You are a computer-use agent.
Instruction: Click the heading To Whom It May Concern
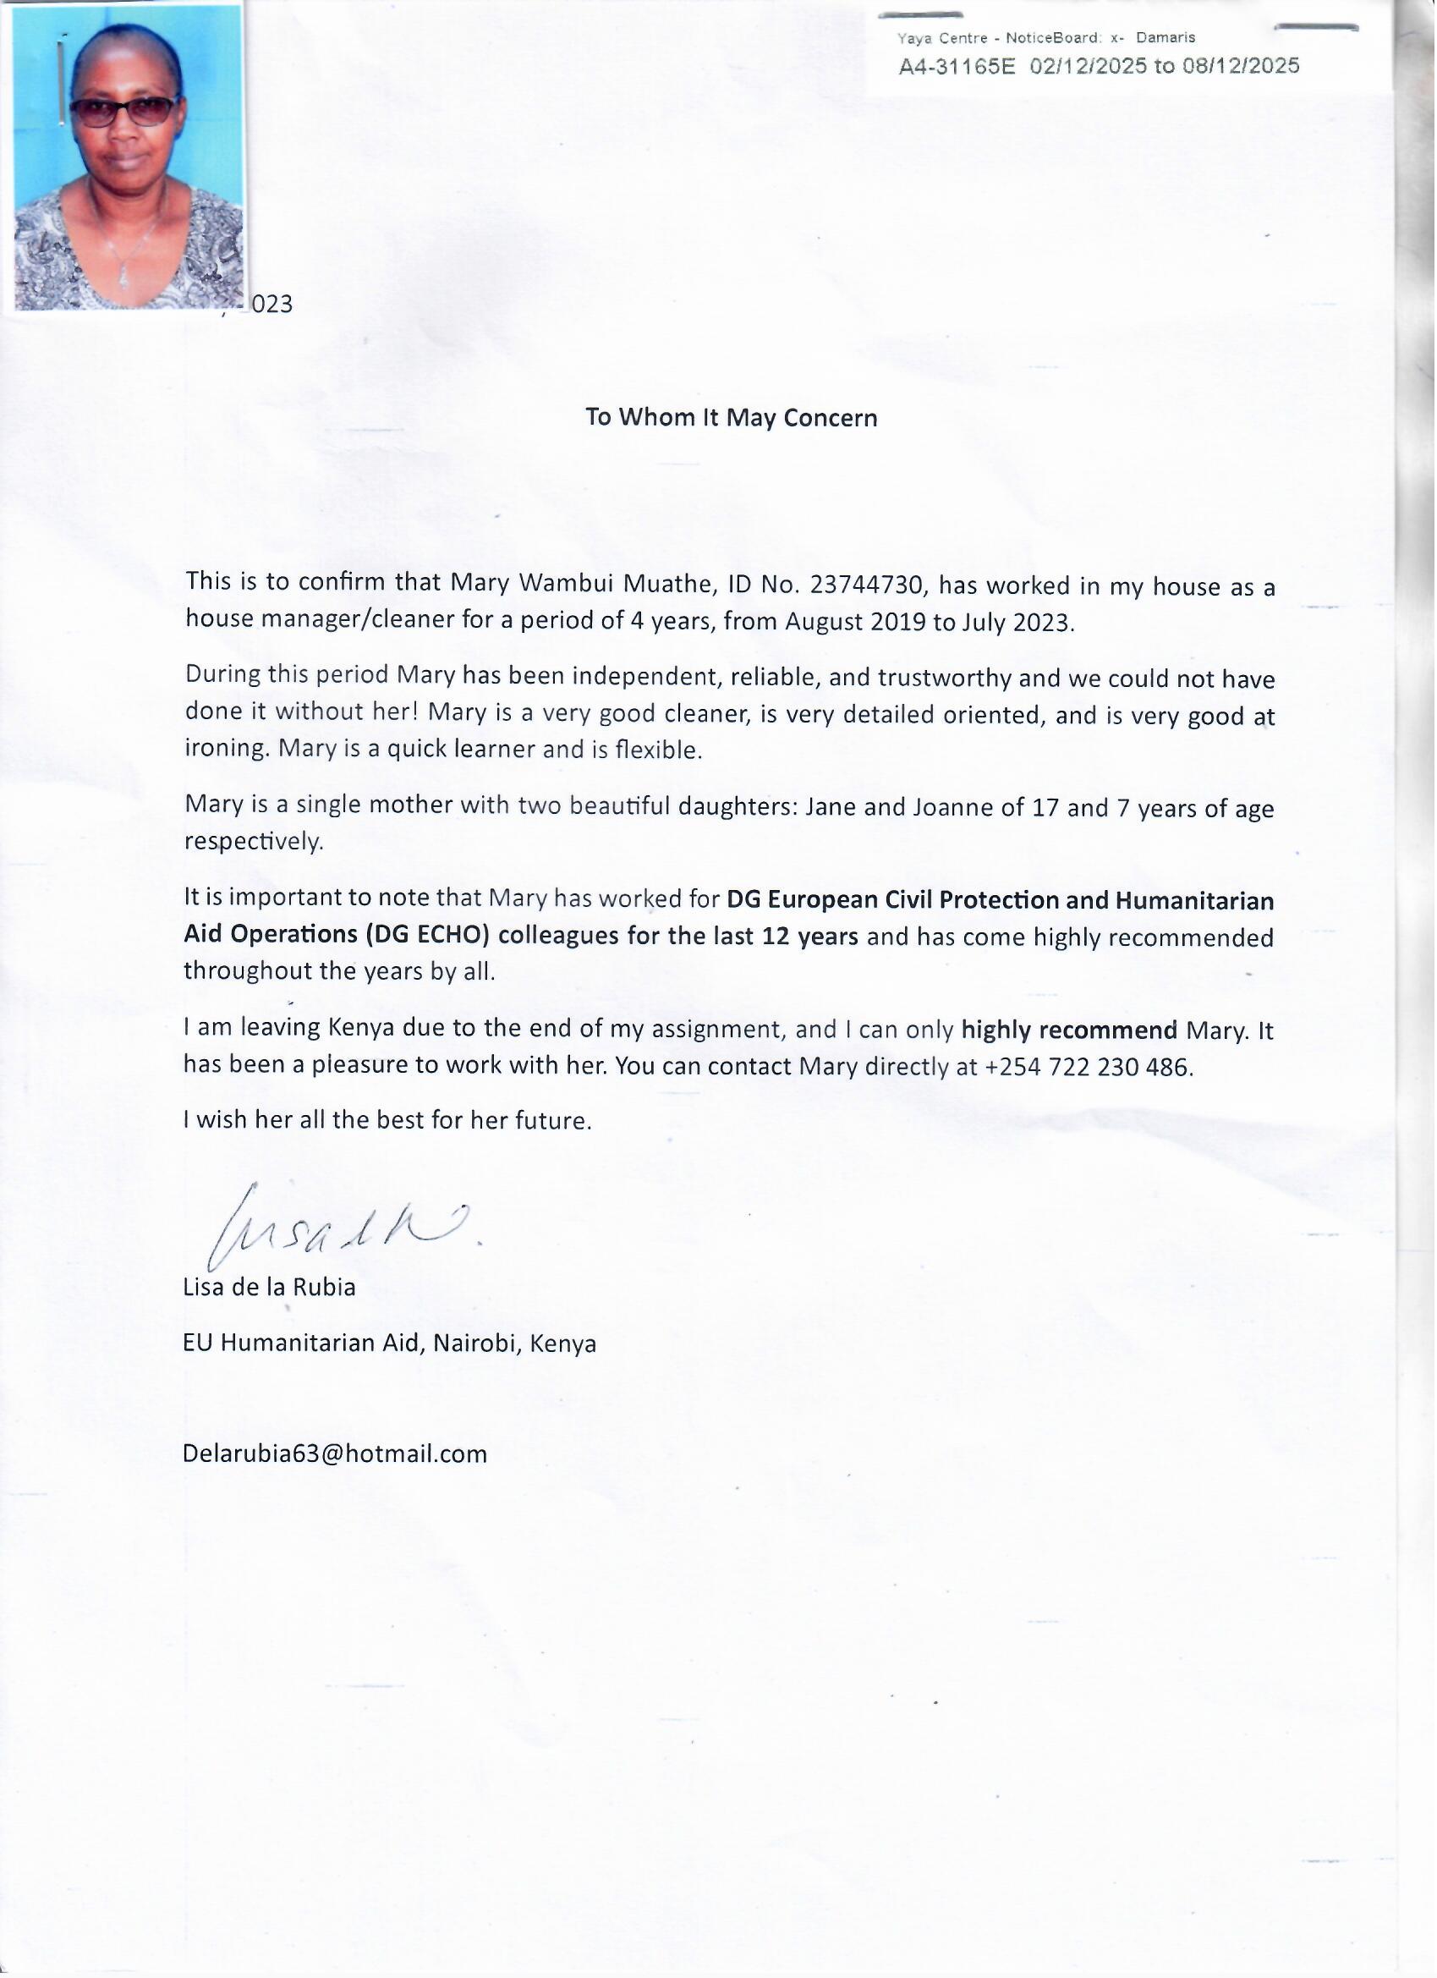(x=732, y=418)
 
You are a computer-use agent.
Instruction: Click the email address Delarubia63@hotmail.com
(x=335, y=1453)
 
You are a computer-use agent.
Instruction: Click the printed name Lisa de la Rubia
(x=270, y=1288)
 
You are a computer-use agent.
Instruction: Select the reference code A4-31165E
(x=957, y=67)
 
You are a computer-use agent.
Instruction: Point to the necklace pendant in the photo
(x=123, y=277)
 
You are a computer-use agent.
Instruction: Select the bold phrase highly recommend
(x=1069, y=1030)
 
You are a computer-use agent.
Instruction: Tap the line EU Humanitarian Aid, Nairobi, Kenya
(x=390, y=1343)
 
